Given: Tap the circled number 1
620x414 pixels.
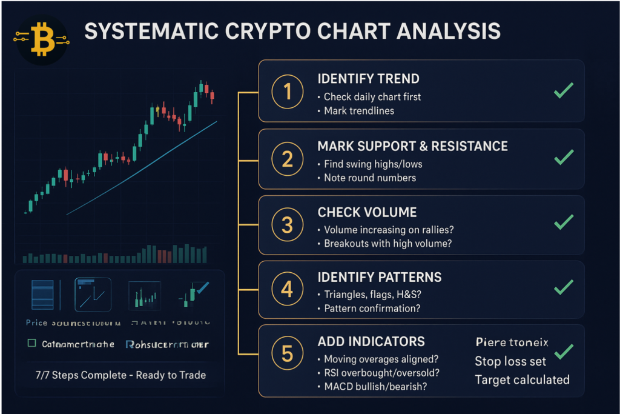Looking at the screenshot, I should [x=287, y=92].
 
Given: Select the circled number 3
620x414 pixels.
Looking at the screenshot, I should [x=287, y=225].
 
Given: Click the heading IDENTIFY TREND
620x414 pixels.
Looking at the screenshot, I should [x=368, y=79].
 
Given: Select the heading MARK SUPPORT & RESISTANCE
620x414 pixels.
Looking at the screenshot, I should [x=412, y=146].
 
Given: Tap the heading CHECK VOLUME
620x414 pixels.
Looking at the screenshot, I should [x=367, y=212].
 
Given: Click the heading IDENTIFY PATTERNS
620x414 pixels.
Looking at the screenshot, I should [x=380, y=278].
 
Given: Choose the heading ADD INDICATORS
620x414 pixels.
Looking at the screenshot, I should [x=371, y=341].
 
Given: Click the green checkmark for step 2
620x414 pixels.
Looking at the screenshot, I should [x=564, y=158].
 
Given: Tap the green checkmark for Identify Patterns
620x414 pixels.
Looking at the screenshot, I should [x=564, y=287].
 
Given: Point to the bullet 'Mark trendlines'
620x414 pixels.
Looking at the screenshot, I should [x=358, y=111].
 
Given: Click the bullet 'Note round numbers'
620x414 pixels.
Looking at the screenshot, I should [x=369, y=178].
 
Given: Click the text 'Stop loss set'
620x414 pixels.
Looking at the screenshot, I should [x=510, y=362].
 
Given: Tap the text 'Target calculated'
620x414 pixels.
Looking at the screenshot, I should [x=522, y=380].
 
